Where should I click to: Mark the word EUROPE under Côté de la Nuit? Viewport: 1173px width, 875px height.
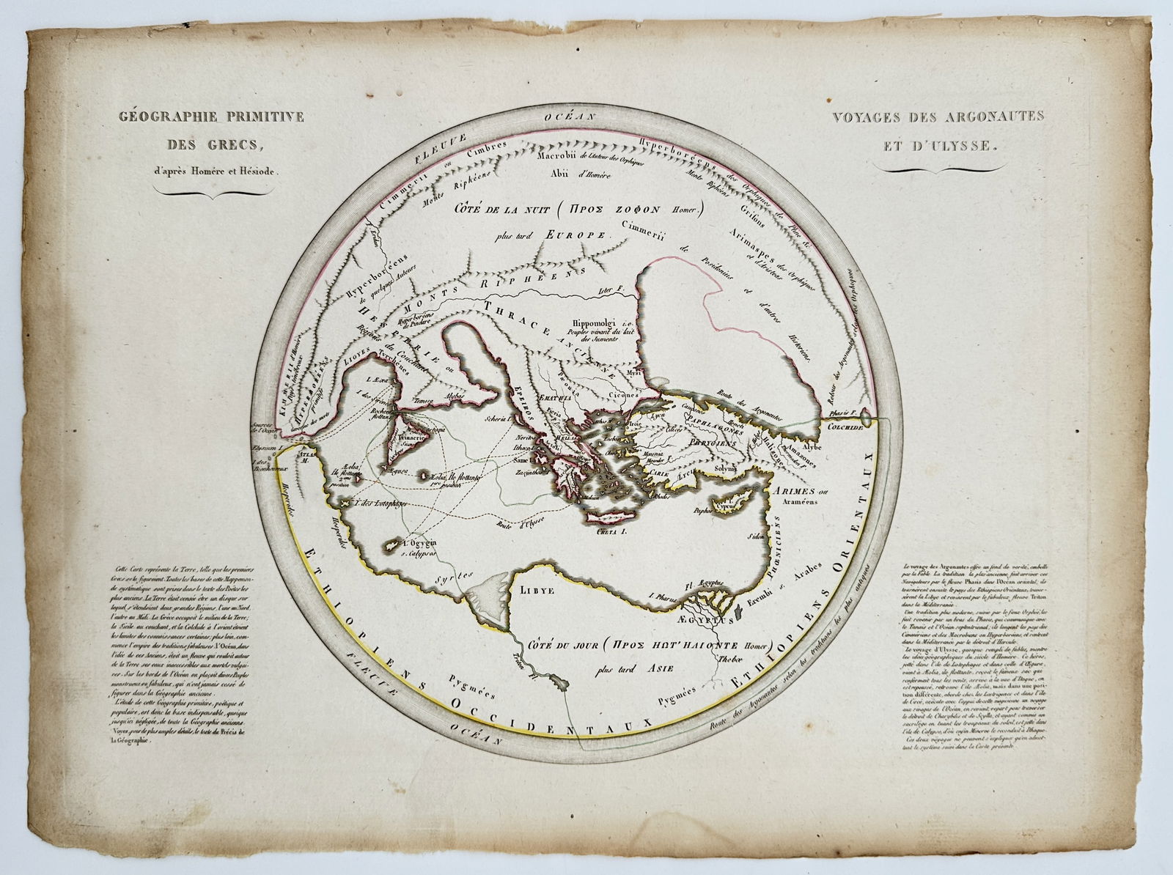coord(578,236)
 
